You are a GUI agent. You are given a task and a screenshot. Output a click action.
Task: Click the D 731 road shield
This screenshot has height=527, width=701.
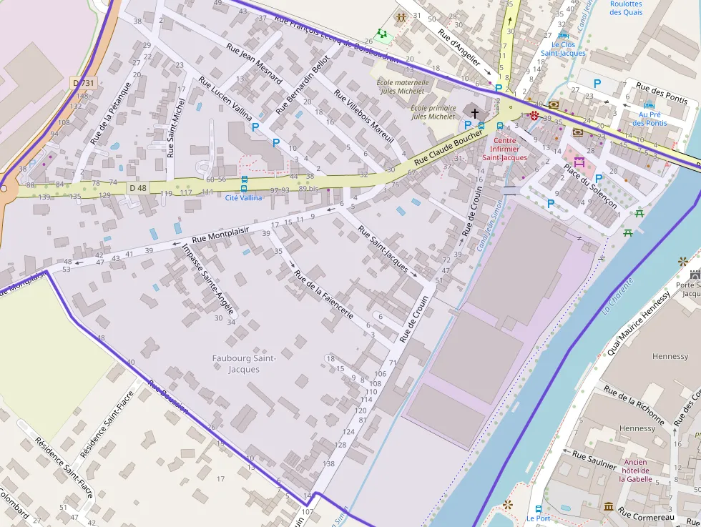coord(84,84)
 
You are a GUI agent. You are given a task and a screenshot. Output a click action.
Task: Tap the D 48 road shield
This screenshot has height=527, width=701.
coord(138,187)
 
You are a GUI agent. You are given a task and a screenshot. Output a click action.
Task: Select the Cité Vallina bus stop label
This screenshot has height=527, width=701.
coord(244,197)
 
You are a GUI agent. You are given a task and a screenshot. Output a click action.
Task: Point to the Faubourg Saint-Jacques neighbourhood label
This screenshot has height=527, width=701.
coord(244,363)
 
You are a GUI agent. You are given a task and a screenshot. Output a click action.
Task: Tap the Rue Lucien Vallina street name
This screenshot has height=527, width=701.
coord(226,98)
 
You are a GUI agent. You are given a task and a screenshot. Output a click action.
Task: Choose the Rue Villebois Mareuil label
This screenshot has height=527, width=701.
coord(364,118)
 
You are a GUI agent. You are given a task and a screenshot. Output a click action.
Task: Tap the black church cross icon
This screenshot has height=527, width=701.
coord(474,113)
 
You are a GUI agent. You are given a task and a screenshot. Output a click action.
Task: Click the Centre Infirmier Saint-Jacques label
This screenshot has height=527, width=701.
coord(504,149)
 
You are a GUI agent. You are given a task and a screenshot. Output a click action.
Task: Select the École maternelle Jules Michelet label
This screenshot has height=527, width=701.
coord(403,87)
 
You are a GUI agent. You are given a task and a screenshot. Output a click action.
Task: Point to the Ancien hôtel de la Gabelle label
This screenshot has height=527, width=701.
coord(635,471)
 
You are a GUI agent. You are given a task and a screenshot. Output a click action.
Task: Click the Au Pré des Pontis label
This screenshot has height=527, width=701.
coord(649,119)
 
